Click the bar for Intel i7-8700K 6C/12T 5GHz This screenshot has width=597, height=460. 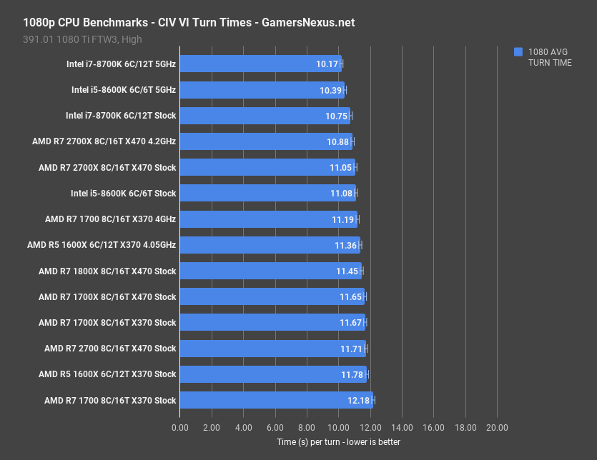pos(260,64)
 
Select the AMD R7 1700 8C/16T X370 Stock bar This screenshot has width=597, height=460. pos(276,400)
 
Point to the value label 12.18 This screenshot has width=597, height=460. pos(359,400)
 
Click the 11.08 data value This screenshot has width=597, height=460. pos(341,194)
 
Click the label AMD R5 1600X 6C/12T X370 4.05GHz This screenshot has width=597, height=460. pos(102,245)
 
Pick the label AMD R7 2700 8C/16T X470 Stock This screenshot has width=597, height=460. pos(110,349)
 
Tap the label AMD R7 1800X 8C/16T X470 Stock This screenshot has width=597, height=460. pos(107,271)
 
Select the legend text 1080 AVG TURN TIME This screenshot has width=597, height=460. pos(549,57)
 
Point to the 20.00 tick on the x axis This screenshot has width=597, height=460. pos(497,427)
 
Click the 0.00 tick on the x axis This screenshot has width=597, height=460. pos(180,427)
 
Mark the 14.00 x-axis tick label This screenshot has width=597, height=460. pos(402,427)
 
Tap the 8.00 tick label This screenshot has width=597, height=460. pos(307,427)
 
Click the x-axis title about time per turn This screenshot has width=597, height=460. pos(338,442)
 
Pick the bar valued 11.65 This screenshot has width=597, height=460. pos(272,296)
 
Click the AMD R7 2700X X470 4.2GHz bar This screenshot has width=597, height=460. pos(266,141)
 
